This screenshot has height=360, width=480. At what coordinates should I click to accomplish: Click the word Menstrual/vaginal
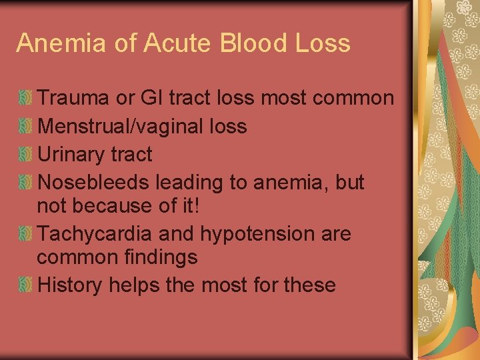tap(122, 127)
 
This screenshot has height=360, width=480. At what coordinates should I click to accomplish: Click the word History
tap(70, 285)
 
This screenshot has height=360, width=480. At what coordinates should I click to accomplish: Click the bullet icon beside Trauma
tap(25, 99)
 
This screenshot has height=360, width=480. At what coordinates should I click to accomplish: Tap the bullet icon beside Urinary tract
tap(25, 155)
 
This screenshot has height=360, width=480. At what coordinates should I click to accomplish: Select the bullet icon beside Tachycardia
tap(25, 234)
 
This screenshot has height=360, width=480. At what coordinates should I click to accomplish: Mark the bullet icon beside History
tap(25, 285)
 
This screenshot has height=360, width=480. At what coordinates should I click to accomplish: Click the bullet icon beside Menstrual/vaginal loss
tap(25, 127)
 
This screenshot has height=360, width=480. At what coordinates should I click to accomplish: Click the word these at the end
tap(309, 285)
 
